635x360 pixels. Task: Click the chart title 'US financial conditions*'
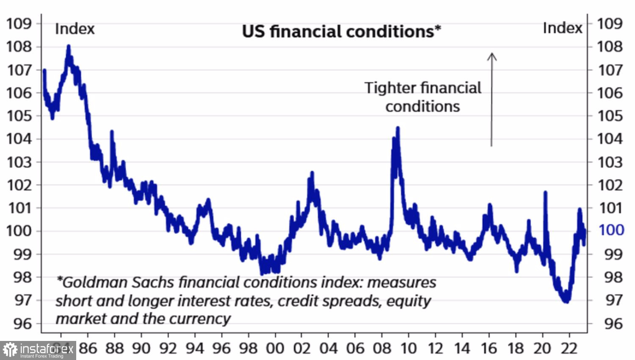341,32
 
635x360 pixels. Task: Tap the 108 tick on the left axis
19,47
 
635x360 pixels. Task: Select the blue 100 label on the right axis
611,230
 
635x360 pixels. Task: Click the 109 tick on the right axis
610,23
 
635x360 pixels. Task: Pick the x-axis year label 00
275,348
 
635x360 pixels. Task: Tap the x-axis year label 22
569,348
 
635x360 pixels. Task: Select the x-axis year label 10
408,348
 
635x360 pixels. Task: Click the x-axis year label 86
88,348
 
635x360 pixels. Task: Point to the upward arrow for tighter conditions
491,100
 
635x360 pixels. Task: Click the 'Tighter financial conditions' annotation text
422,97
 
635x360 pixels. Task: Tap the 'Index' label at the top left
75,29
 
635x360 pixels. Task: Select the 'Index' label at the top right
562,28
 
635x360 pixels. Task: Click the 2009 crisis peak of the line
398,128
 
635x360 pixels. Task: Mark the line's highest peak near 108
69,46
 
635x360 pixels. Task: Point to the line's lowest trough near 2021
566,301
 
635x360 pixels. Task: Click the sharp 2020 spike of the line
545,193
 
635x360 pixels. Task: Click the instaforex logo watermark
38,350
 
